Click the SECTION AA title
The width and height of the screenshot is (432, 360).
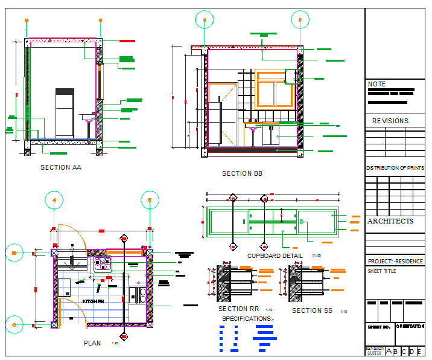pos(60,167)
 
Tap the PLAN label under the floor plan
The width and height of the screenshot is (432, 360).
pos(92,343)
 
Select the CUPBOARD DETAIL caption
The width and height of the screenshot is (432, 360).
pos(275,256)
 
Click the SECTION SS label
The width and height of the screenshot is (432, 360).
pos(312,310)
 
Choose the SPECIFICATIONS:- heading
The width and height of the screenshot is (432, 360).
pos(248,318)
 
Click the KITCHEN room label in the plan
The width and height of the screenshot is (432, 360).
pos(93,300)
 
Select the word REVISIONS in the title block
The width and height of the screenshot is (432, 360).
pos(390,121)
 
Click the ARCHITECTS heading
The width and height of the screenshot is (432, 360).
pos(390,221)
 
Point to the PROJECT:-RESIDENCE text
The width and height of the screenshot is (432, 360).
pos(395,262)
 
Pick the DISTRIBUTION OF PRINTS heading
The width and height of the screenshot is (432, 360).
pos(395,168)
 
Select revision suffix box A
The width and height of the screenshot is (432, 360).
pos(389,352)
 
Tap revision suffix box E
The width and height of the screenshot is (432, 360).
pos(419,352)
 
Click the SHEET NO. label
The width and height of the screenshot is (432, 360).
pos(379,327)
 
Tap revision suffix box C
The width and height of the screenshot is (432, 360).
pos(404,352)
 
